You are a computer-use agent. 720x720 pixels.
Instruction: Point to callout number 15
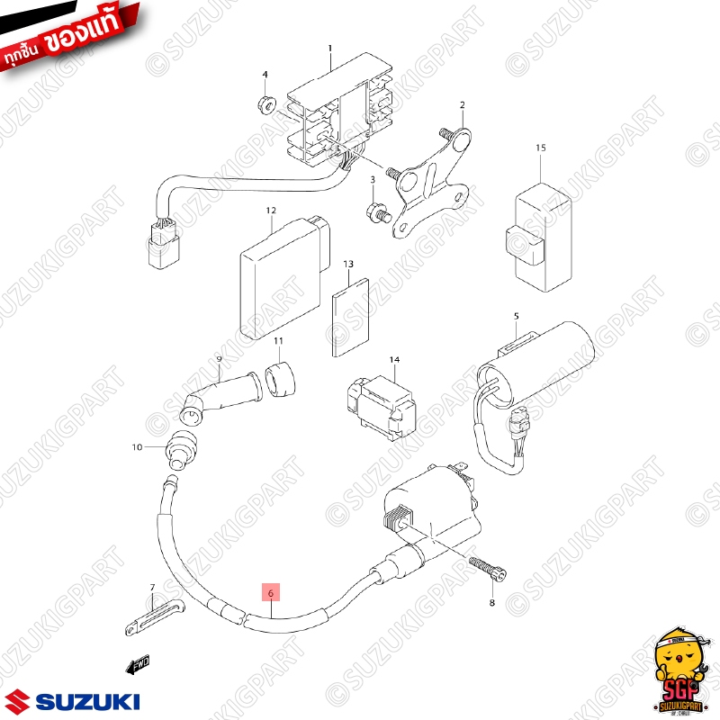click(x=541, y=147)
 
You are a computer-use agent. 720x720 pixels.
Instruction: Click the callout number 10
click(x=137, y=446)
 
